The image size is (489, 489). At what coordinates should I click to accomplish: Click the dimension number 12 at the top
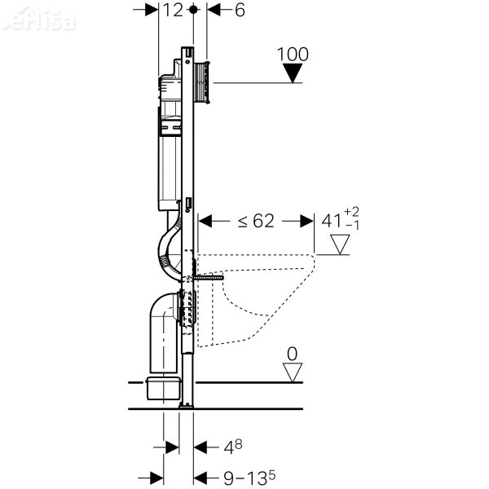pyautogui.click(x=172, y=11)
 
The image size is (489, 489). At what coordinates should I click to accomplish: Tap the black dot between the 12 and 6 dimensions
pyautogui.click(x=193, y=11)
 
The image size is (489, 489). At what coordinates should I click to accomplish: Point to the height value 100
pyautogui.click(x=293, y=55)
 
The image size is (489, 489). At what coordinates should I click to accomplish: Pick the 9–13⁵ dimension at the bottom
pyautogui.click(x=248, y=476)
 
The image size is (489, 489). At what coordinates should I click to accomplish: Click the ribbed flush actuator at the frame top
pyautogui.click(x=203, y=81)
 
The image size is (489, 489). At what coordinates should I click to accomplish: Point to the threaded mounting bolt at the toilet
pyautogui.click(x=209, y=277)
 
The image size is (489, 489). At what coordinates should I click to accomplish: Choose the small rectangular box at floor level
pyautogui.click(x=163, y=388)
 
